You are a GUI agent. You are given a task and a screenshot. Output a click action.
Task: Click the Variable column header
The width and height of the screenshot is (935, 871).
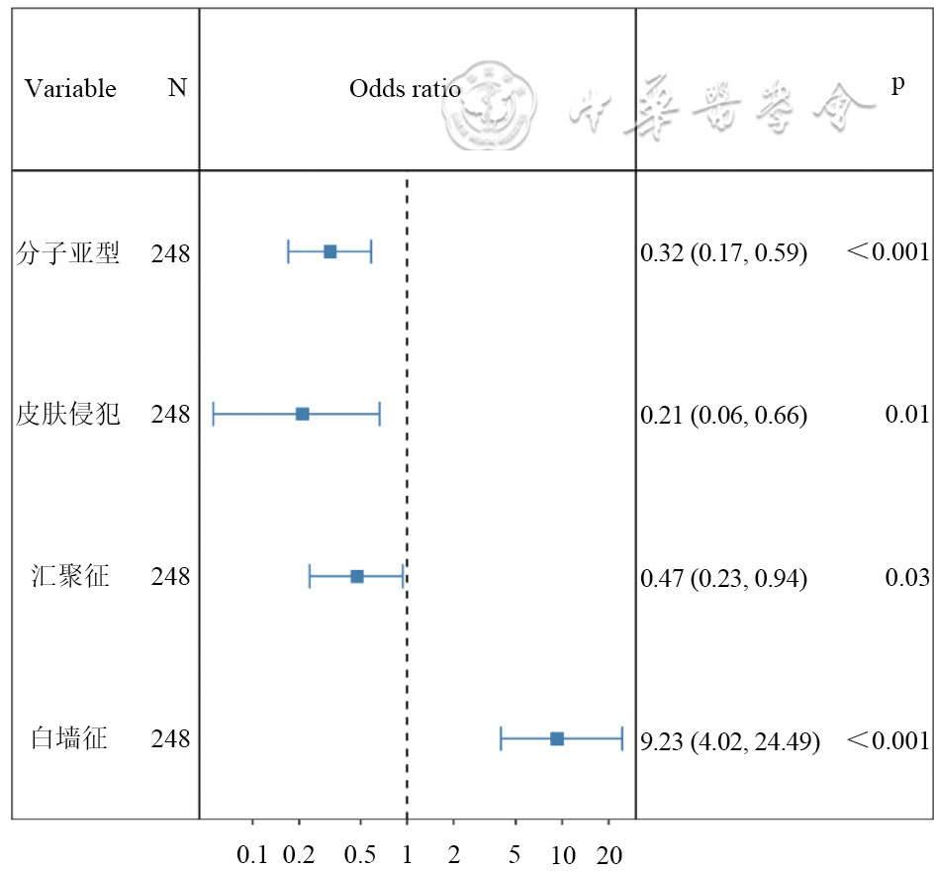pyautogui.click(x=70, y=89)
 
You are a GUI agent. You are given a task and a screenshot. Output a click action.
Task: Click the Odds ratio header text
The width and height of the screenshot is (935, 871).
pyautogui.click(x=405, y=89)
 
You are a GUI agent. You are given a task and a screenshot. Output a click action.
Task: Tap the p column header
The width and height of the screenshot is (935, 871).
pyautogui.click(x=897, y=84)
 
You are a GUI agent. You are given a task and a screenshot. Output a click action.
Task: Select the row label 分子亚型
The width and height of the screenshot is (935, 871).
pyautogui.click(x=68, y=253)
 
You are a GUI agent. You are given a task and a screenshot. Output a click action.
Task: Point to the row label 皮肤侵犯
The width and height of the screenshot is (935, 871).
pyautogui.click(x=68, y=415)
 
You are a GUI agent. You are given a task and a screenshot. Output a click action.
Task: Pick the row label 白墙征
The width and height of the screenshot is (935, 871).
pyautogui.click(x=68, y=739)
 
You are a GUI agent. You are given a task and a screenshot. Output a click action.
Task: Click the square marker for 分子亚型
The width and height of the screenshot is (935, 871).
pyautogui.click(x=330, y=251)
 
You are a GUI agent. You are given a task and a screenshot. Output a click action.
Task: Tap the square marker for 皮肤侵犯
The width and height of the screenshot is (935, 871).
pyautogui.click(x=303, y=414)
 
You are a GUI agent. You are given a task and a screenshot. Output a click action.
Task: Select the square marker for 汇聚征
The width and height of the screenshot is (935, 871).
pyautogui.click(x=357, y=576)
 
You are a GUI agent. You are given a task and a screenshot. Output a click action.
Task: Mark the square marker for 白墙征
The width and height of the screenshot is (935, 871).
pyautogui.click(x=557, y=738)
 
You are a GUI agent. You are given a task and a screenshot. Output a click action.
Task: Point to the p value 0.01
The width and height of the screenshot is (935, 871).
pyautogui.click(x=906, y=415)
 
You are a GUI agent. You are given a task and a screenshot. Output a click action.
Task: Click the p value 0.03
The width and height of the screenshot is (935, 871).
pyautogui.click(x=906, y=577)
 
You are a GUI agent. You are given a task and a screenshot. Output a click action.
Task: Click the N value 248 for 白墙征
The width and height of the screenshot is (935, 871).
pyautogui.click(x=170, y=739)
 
